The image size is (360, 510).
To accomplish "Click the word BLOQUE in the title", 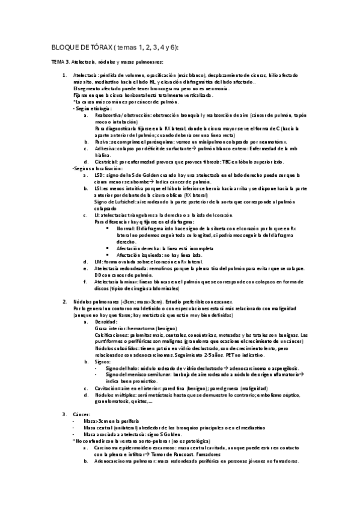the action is pos(65,48).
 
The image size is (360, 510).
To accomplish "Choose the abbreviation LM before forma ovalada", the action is pos(99,262).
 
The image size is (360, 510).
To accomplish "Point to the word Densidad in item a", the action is pos(106,322).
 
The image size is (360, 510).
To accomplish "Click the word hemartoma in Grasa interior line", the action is pos(139,328).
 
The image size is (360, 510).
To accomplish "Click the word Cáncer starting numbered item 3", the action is pos(81,414).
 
